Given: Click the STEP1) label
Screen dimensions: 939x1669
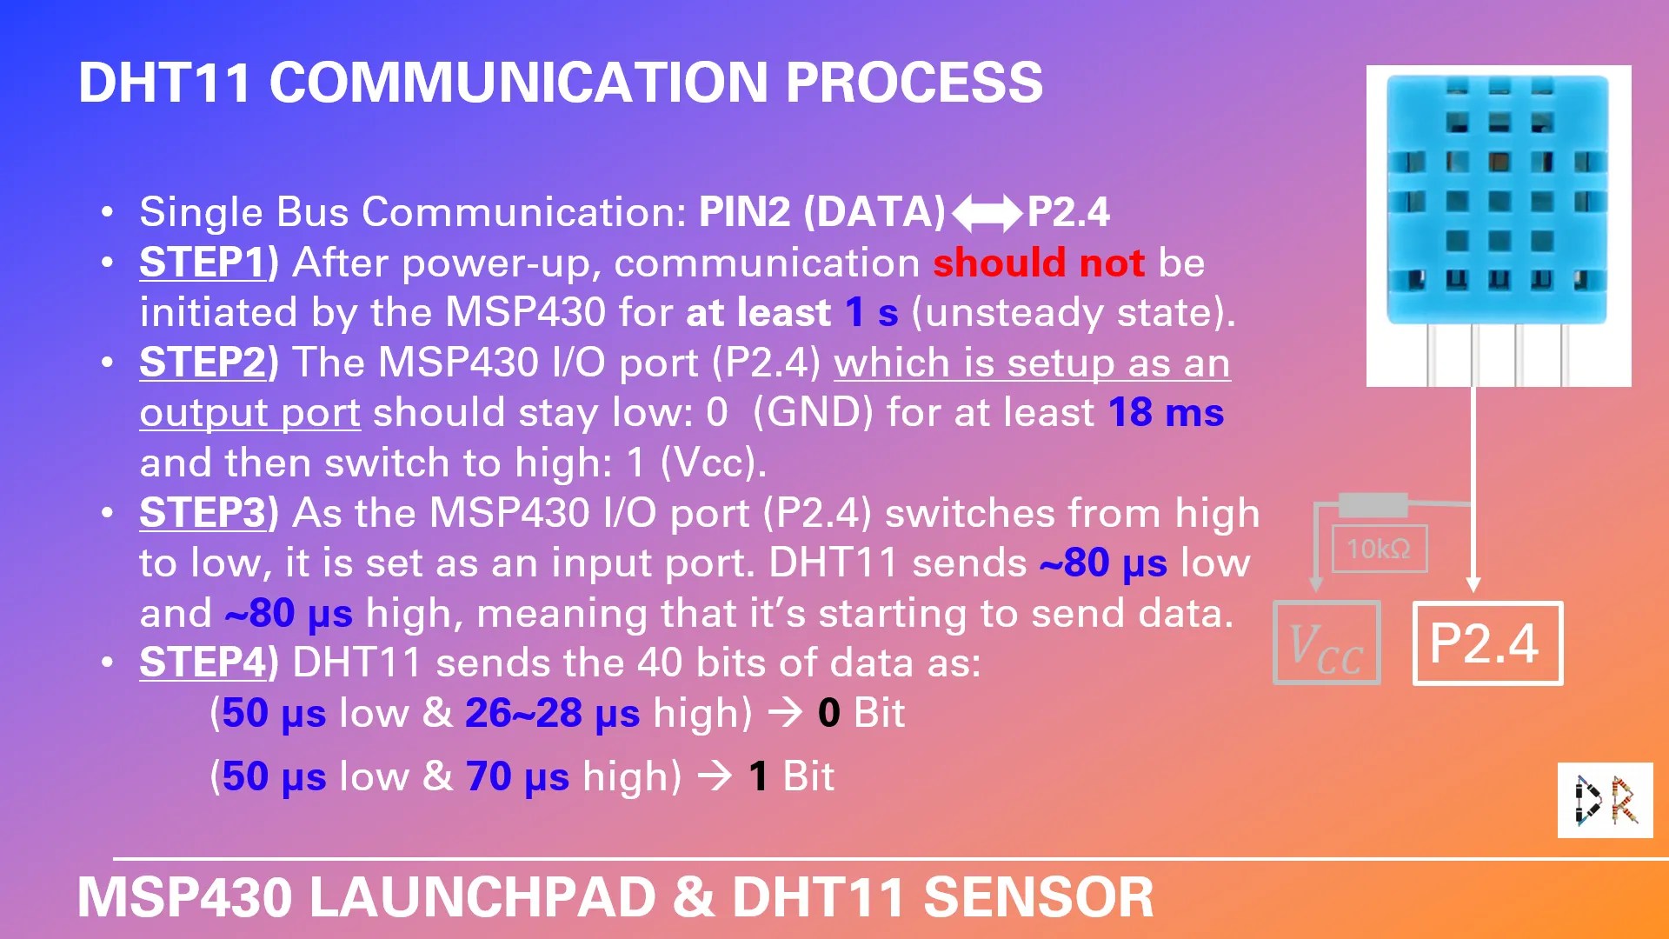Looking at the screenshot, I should pos(209,263).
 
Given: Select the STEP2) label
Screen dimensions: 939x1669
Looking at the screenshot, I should pos(209,363).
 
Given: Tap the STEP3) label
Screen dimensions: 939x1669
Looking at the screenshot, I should pos(209,513).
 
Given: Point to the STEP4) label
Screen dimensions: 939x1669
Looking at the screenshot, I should pos(209,663).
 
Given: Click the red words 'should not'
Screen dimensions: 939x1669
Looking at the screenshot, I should pos(1039,263).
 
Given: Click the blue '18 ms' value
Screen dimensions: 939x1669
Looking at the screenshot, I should pos(1166,413).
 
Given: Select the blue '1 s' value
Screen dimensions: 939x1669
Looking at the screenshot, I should pos(872,313).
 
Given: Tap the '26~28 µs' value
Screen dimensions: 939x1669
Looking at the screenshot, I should pos(552,714).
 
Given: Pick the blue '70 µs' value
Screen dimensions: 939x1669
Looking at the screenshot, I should pos(517,776).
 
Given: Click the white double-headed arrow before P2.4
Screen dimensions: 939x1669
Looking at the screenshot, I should pos(987,213).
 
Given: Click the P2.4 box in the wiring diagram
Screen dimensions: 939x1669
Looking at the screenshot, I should pos(1487,643).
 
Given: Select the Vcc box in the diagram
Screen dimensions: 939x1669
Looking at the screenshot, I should pos(1327,643).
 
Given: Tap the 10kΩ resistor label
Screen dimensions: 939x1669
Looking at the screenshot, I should pos(1380,549).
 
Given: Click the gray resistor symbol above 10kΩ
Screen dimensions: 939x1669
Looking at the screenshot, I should pos(1373,504).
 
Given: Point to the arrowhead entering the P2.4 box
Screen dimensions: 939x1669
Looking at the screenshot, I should pos(1473,584).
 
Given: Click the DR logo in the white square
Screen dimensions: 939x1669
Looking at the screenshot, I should pos(1605,800).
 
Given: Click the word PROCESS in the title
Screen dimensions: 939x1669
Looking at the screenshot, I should pos(914,83).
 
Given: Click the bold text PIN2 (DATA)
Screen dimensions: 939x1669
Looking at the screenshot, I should pos(821,212).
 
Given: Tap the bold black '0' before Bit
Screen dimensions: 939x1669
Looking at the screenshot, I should pos(828,714).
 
